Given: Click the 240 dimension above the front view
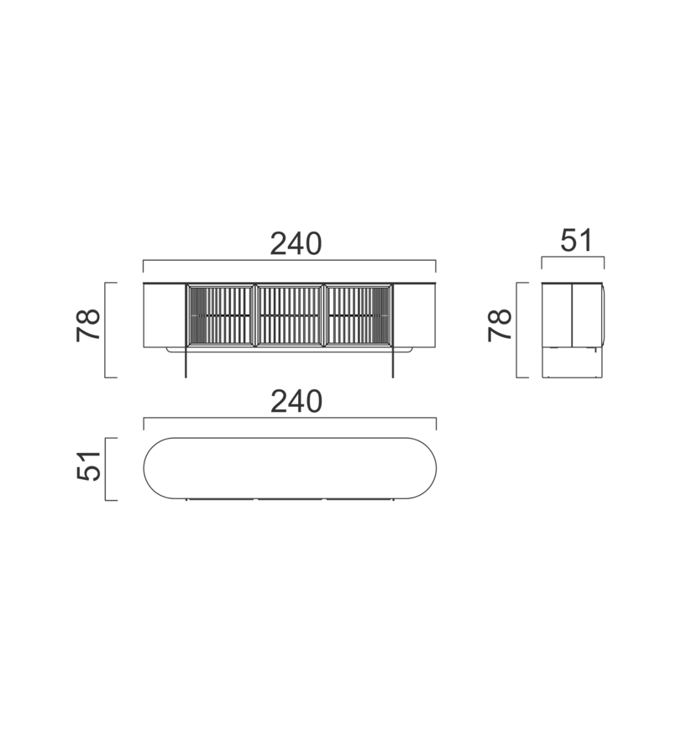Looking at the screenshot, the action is (x=296, y=243).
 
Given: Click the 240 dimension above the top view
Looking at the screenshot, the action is (x=296, y=402).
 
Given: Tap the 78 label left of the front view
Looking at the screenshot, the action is (x=88, y=325).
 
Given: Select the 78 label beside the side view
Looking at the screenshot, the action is (x=500, y=325).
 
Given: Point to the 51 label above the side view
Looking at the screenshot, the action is (x=576, y=241).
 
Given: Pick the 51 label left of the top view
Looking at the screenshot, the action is (x=88, y=466).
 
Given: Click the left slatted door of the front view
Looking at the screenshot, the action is (x=221, y=315).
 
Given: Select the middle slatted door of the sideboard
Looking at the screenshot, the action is (x=289, y=315).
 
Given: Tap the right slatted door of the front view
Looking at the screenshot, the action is (x=358, y=315).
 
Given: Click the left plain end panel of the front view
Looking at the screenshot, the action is (x=165, y=315).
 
